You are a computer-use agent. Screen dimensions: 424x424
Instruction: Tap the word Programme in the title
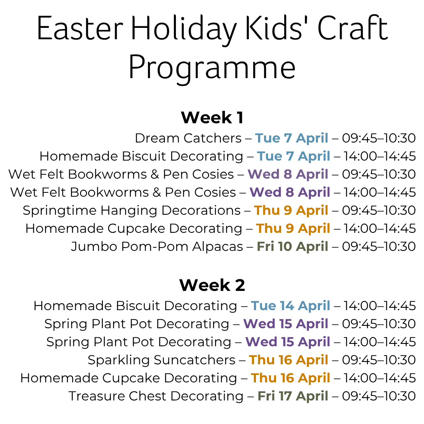click(x=212, y=68)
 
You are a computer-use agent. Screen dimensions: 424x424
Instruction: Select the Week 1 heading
click(x=212, y=117)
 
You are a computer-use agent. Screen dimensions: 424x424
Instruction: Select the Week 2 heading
click(x=212, y=285)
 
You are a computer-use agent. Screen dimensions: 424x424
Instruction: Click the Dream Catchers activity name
click(x=188, y=138)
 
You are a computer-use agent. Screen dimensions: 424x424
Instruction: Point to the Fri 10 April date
click(x=292, y=247)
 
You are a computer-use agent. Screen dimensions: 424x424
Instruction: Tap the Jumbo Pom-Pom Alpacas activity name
click(x=157, y=247)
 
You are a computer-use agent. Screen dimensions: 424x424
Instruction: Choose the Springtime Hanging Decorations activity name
click(x=132, y=210)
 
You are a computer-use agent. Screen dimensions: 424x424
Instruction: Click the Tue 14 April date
click(x=291, y=305)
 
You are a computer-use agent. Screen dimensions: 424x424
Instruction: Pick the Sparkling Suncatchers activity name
click(x=161, y=360)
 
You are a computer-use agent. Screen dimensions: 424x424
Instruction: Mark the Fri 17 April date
click(x=293, y=396)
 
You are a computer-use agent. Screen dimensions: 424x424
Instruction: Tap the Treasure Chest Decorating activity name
click(x=156, y=396)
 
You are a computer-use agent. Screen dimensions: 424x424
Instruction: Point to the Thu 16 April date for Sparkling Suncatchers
click(x=289, y=360)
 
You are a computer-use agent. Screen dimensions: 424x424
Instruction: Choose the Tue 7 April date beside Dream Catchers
click(x=292, y=138)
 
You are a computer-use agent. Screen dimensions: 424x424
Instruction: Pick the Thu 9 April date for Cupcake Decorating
click(x=293, y=228)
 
